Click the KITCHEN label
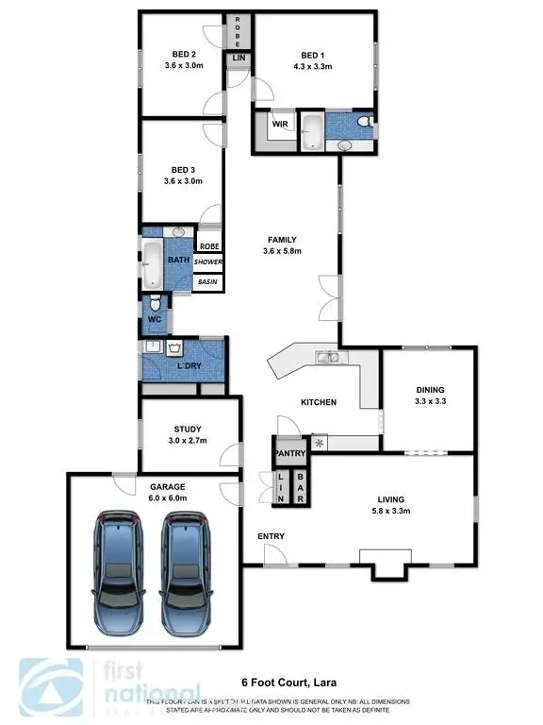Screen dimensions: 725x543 coord(319,402)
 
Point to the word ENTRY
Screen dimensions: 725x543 coord(271,536)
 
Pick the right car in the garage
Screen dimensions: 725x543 coord(186,575)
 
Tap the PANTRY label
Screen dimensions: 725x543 coord(289,454)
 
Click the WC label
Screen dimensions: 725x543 coord(155,319)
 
